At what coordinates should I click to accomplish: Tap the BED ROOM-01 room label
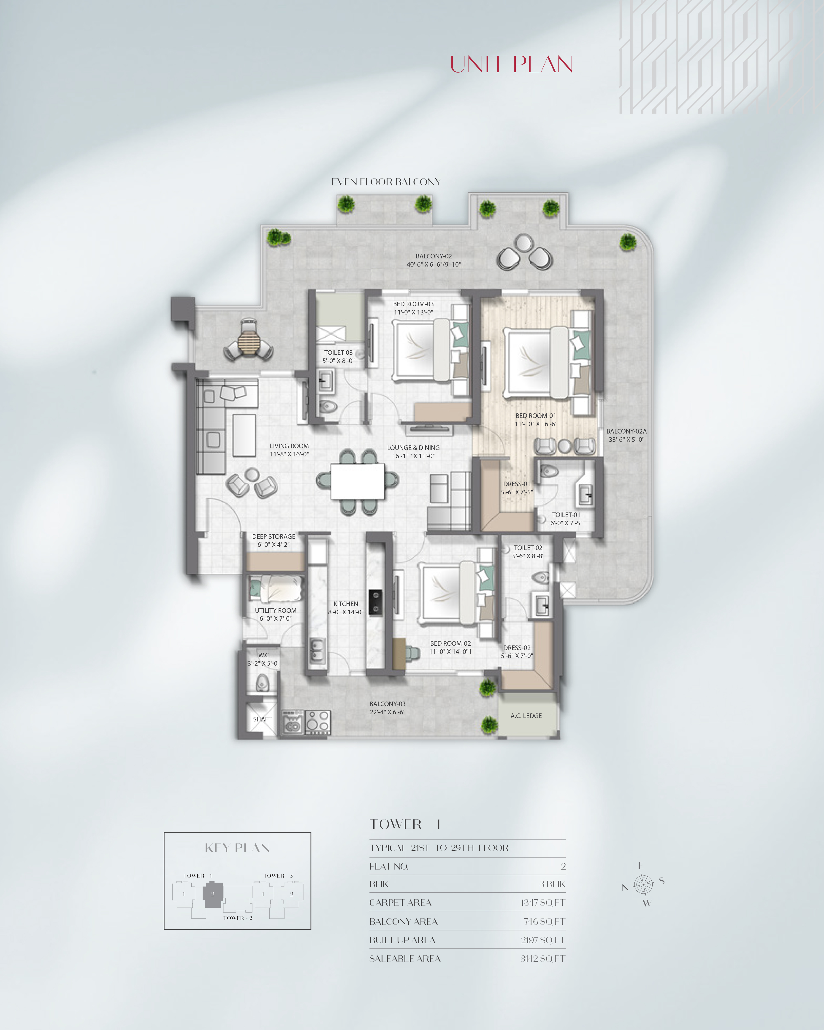pos(535,416)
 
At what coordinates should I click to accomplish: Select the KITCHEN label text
pos(345,604)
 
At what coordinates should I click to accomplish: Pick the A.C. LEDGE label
pos(526,716)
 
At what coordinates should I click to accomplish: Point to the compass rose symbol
pos(643,885)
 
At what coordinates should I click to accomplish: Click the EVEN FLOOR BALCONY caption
pos(385,182)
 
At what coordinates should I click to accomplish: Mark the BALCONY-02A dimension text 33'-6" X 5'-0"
pos(626,439)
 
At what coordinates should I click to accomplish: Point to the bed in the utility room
pos(276,588)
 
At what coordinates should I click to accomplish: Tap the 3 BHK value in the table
pos(552,884)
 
